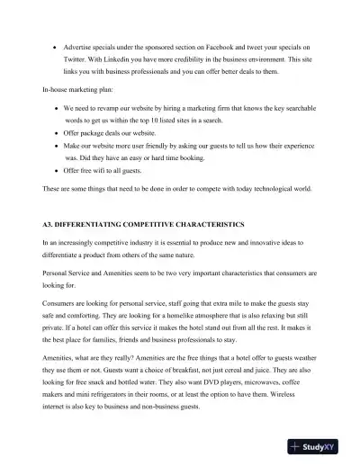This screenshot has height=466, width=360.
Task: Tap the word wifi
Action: pyautogui.click(x=105, y=170)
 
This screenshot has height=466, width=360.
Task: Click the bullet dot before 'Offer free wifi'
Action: pyautogui.click(x=56, y=170)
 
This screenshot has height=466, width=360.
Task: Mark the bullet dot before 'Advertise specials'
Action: pyautogui.click(x=56, y=46)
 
